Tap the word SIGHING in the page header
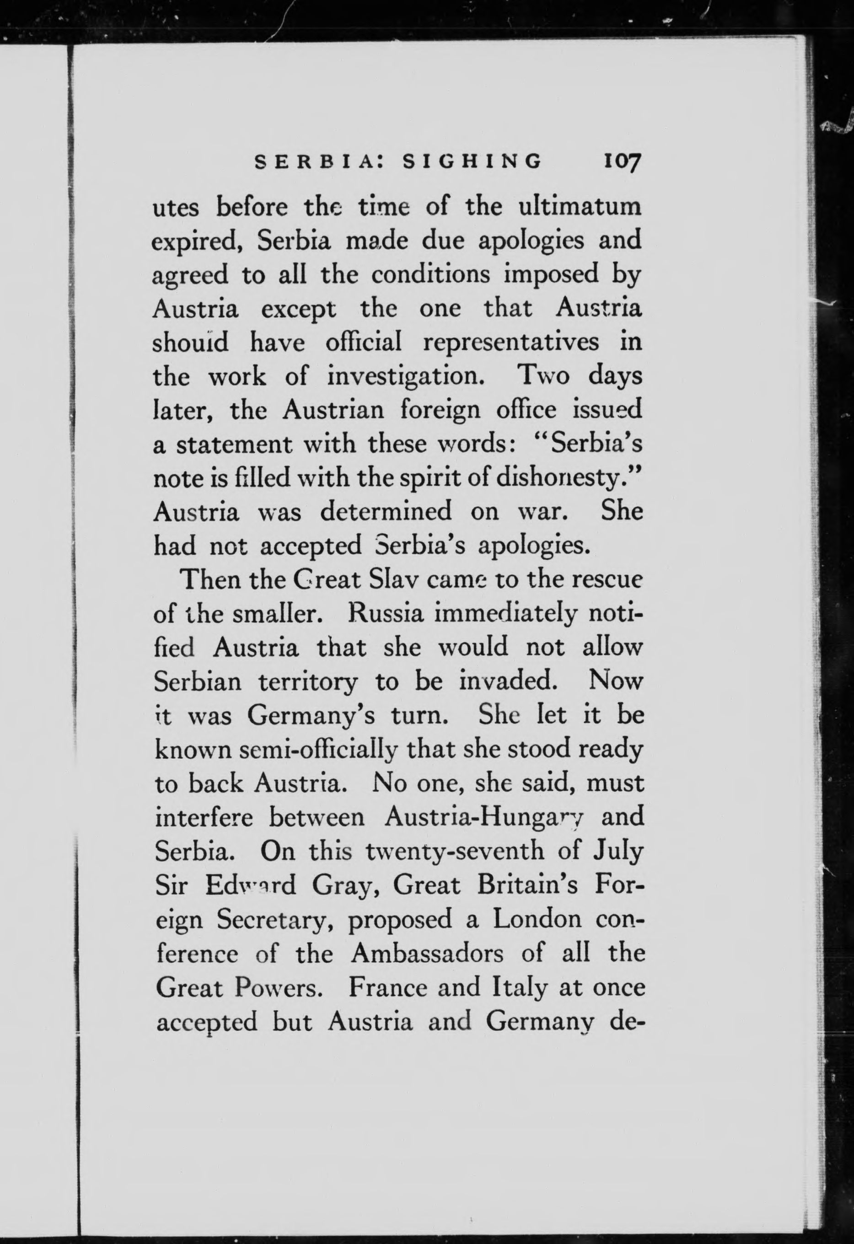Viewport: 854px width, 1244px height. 472,161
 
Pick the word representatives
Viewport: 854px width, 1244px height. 511,343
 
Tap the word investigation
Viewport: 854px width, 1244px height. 406,377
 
